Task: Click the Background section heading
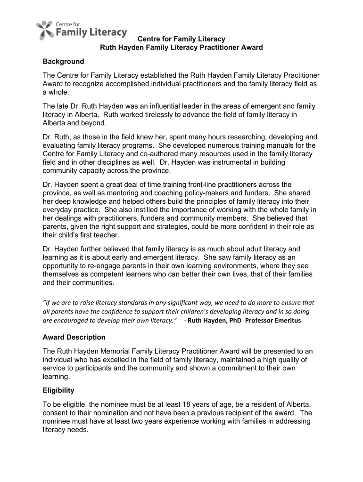63,62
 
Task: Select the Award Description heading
74,337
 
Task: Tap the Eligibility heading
58,391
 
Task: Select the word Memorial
112,352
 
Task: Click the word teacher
108,235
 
